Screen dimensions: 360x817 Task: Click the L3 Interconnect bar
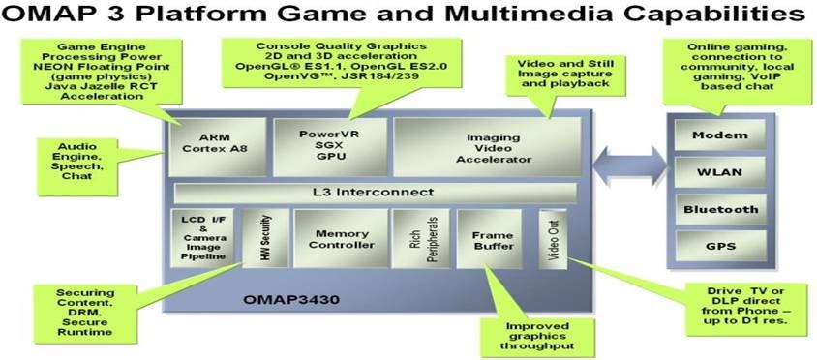click(374, 193)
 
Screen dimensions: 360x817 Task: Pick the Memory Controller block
click(339, 238)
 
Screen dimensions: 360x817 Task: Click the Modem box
click(719, 135)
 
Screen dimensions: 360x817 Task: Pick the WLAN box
click(719, 172)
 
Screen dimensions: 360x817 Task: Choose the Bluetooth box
click(719, 209)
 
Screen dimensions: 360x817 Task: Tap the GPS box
click(719, 246)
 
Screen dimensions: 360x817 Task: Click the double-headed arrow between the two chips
click(629, 158)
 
